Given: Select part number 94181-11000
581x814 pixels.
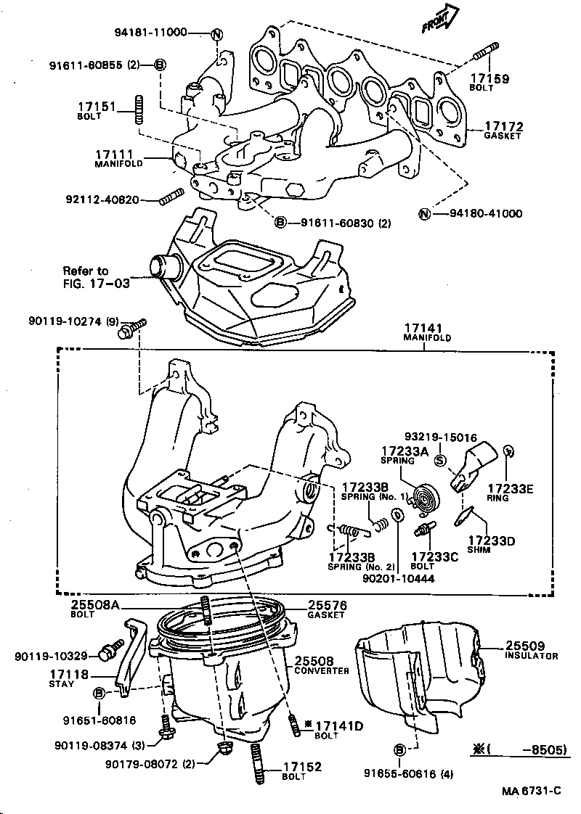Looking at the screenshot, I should [x=150, y=33].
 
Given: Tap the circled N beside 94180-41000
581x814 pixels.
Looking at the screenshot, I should [x=425, y=213].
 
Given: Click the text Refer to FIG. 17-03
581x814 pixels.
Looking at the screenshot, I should [x=96, y=277].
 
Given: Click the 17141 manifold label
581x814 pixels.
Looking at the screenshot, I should [x=428, y=332].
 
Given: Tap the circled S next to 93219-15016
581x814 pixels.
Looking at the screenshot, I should [x=439, y=459].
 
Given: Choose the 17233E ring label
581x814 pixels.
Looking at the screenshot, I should [x=510, y=493].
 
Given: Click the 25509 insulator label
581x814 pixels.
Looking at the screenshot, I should [x=531, y=649].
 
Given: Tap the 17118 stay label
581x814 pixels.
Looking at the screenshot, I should [x=69, y=678].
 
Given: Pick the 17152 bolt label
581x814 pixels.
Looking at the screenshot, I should [x=301, y=770].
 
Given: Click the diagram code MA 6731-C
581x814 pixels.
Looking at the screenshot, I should [x=531, y=791].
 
